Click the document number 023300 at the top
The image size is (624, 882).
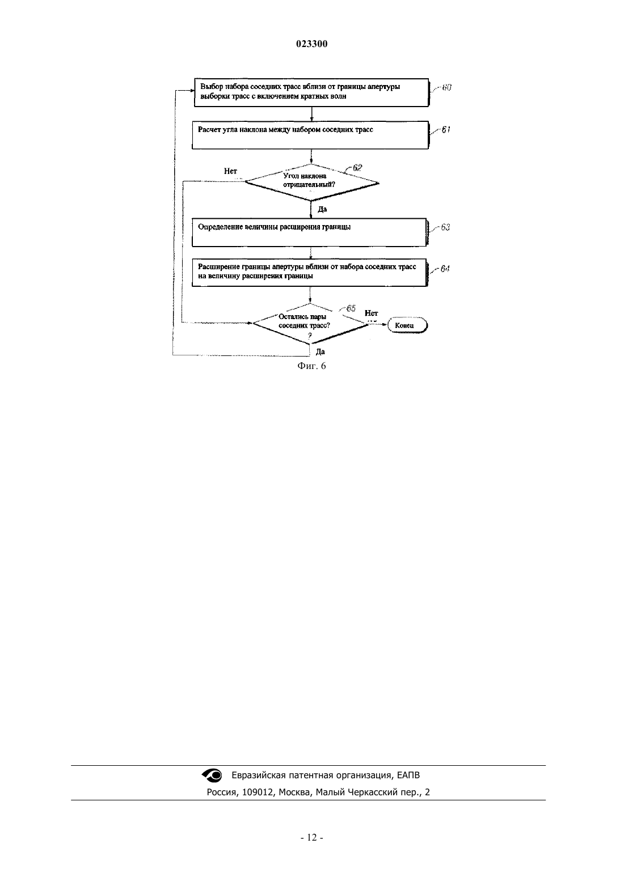(311, 44)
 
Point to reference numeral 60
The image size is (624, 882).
(446, 87)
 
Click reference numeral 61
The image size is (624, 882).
(445, 130)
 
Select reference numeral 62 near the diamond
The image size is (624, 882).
(357, 167)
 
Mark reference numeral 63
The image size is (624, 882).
(445, 227)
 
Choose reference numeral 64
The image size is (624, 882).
(445, 269)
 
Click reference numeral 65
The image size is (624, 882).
(351, 308)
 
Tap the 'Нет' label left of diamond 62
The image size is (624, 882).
(230, 171)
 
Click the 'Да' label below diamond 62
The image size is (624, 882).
(322, 209)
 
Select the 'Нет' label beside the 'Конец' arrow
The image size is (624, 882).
(371, 313)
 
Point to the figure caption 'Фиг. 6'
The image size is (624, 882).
(311, 366)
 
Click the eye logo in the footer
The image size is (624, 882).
(212, 775)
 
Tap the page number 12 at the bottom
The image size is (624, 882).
(311, 838)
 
